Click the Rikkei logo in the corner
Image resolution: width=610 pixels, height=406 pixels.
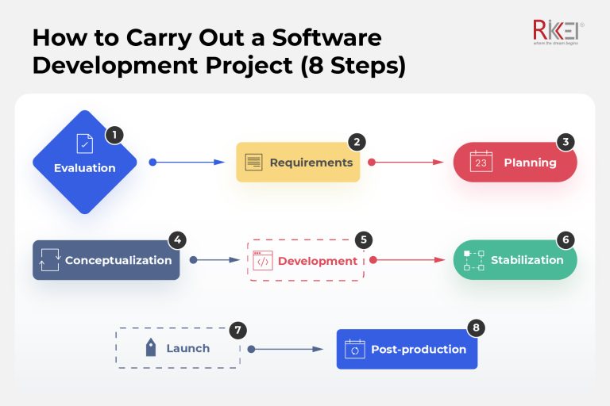558,33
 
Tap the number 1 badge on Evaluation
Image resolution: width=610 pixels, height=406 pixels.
114,135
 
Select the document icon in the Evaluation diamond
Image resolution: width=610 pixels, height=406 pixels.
84,144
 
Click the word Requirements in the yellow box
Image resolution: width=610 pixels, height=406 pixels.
311,163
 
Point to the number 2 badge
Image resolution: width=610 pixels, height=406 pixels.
357,142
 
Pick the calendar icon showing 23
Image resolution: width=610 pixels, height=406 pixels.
481,162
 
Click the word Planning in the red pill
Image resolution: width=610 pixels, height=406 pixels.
530,163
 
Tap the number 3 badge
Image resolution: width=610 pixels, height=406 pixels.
566,142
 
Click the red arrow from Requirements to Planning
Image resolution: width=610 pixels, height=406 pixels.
406,162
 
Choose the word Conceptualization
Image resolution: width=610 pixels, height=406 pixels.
118,260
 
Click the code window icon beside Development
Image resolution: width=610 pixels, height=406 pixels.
263,261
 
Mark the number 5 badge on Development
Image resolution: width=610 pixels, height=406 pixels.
362,239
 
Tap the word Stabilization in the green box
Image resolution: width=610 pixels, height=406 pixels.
527,260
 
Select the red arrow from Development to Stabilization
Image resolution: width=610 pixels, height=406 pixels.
408,259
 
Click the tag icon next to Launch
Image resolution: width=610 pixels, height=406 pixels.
150,348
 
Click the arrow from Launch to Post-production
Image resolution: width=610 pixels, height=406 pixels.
286,348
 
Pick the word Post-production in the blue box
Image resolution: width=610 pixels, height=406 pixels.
419,349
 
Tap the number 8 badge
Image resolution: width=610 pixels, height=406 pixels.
476,327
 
